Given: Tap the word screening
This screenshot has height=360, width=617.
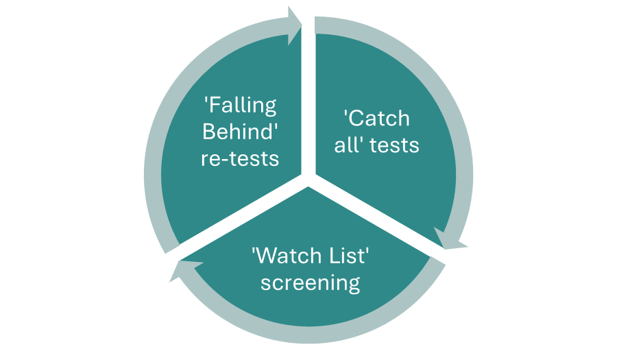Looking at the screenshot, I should coord(310,283).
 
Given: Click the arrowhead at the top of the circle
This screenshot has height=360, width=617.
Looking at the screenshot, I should coord(295,26).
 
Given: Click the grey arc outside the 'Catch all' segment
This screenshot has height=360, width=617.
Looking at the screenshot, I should coord(466,158).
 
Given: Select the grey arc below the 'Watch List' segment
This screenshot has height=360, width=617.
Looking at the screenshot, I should coord(308,336).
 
